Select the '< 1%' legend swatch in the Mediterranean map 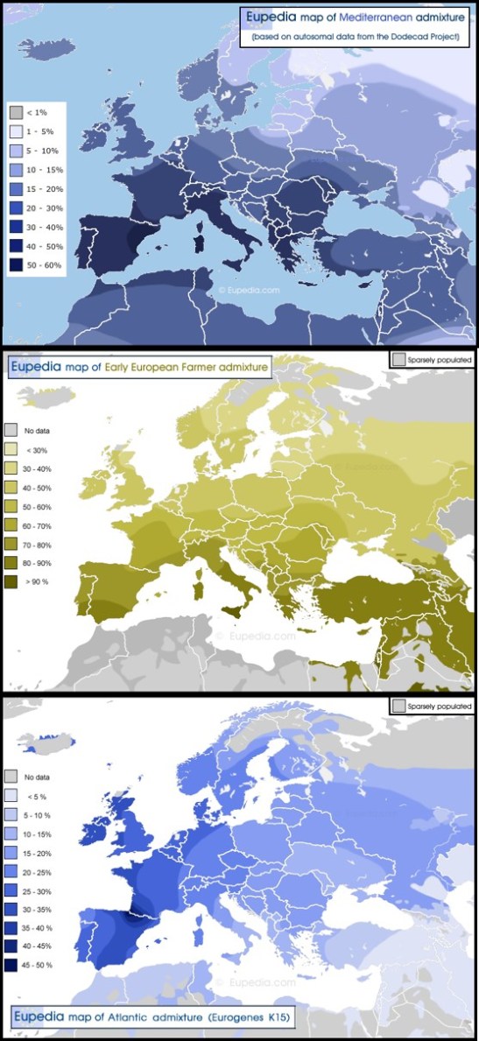point(16,112)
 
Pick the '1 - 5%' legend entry point(16,131)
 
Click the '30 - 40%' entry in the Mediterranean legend point(16,225)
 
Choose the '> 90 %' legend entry point(12,580)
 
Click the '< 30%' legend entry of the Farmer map point(12,448)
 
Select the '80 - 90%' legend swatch point(12,560)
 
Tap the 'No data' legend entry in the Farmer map point(12,430)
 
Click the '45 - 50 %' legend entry point(12,963)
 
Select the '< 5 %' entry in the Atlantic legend point(12,795)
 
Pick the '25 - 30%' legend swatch point(12,888)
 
